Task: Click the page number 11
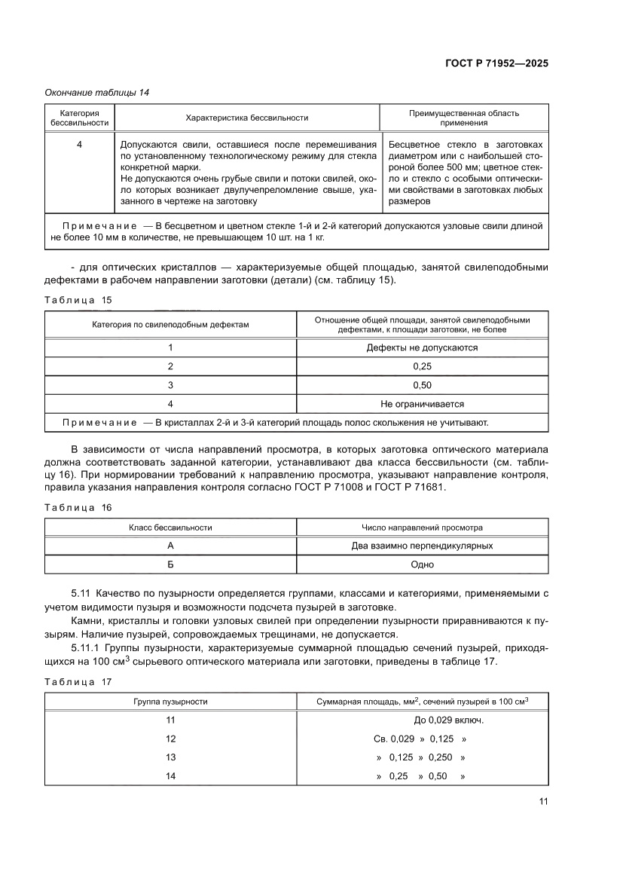coord(543,801)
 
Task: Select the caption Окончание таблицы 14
coord(96,93)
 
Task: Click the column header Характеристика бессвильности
coord(246,118)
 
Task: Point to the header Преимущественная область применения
coord(463,118)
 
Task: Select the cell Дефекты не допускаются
coord(422,347)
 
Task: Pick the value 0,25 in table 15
coord(422,366)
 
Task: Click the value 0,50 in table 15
coord(422,385)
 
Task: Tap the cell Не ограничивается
coord(422,404)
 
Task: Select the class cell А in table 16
coord(170,546)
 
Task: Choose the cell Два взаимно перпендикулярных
coord(422,546)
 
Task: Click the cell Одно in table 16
coord(422,564)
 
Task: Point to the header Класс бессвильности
coord(170,528)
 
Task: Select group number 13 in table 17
coord(170,757)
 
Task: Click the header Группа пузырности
coord(170,701)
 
